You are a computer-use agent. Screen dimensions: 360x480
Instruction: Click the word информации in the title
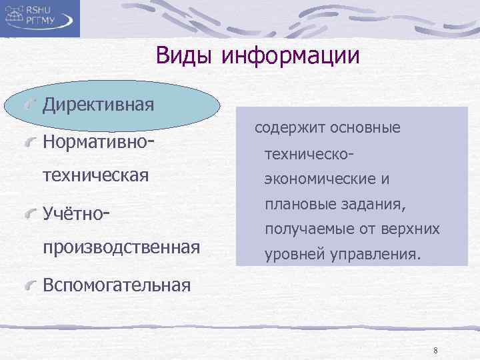tap(291, 55)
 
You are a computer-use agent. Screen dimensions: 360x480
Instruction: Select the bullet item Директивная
tap(98, 105)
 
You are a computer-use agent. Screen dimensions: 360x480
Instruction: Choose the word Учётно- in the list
tap(75, 213)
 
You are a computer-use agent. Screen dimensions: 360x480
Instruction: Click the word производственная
tap(121, 247)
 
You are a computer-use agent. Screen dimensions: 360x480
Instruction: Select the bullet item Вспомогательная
tap(116, 285)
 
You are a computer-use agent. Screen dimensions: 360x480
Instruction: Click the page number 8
tap(435, 351)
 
